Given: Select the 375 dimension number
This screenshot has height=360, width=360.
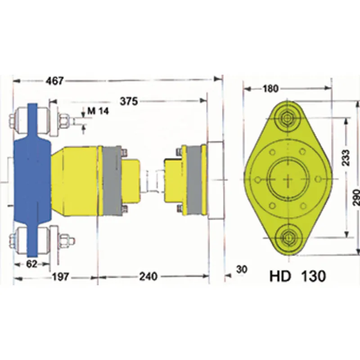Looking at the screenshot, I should tap(128, 101).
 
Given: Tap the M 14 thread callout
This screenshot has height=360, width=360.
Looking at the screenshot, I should tap(98, 111).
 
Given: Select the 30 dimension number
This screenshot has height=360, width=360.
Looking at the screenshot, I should tap(242, 270).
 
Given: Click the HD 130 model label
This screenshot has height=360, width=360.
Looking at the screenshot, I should tap(297, 276).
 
